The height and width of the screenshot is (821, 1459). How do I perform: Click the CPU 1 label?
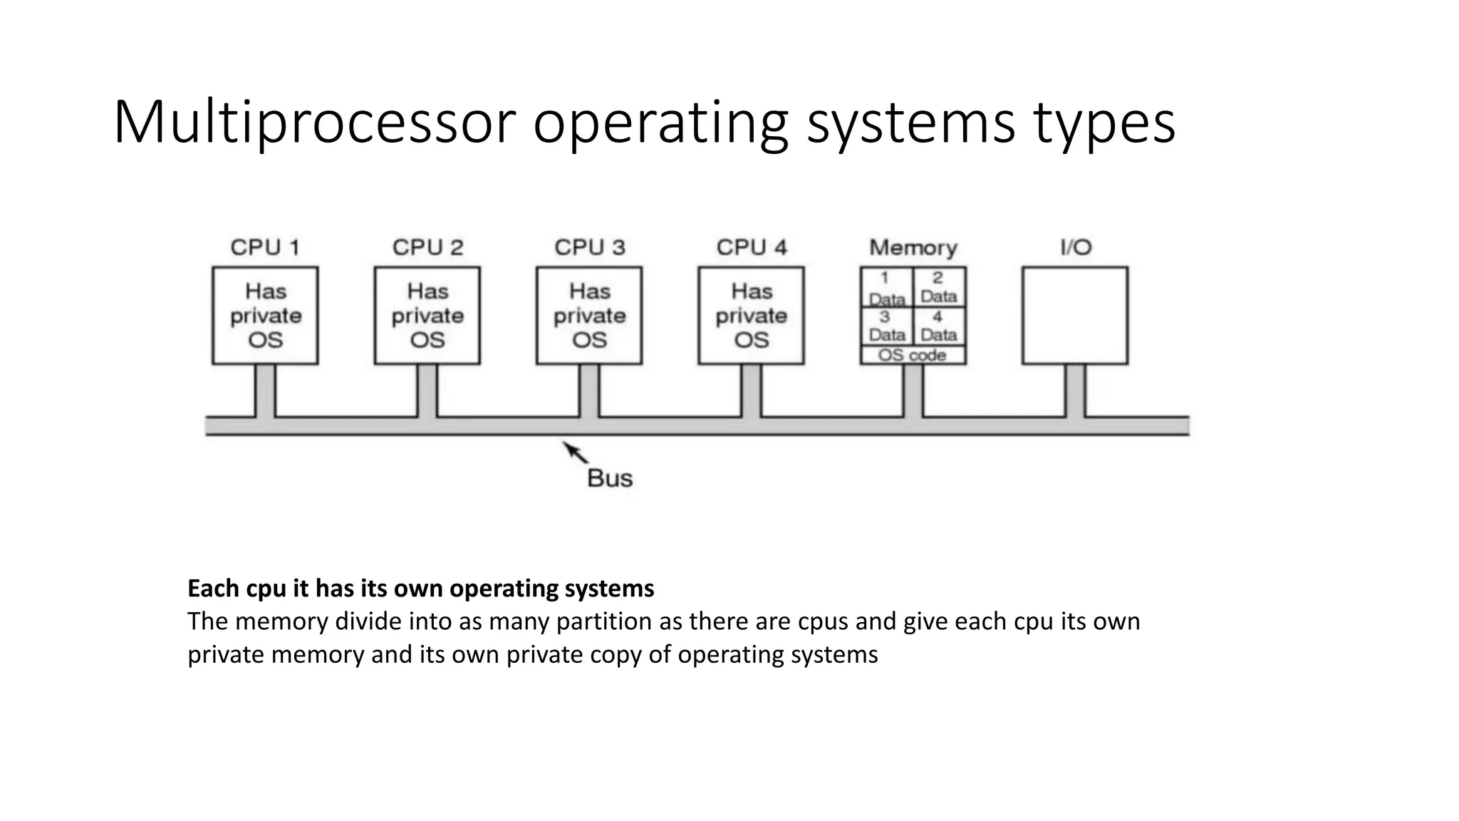(x=265, y=247)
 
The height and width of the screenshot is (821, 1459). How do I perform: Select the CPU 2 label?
(x=427, y=247)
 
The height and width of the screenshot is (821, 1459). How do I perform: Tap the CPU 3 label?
(x=590, y=247)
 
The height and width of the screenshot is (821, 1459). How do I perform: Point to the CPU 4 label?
(x=752, y=247)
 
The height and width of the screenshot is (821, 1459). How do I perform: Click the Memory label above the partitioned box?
(x=913, y=247)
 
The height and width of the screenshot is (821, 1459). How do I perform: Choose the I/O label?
(x=1076, y=247)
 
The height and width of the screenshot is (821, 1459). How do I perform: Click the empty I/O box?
(x=1075, y=316)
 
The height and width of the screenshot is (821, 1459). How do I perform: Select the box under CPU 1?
(x=265, y=316)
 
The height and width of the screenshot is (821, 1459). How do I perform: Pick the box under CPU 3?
(x=589, y=316)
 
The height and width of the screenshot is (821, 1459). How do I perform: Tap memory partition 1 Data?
(x=886, y=288)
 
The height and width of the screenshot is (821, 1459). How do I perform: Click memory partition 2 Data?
(x=939, y=288)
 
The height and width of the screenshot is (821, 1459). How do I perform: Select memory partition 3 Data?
(x=886, y=326)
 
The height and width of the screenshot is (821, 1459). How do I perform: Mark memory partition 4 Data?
(x=939, y=326)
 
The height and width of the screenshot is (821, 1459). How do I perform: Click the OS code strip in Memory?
(x=913, y=355)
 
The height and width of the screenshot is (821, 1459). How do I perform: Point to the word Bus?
(x=610, y=477)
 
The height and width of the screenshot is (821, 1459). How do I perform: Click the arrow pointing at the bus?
(x=575, y=452)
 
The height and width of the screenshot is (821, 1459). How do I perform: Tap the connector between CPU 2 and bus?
(x=427, y=390)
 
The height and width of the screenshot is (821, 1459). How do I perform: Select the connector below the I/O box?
(x=1076, y=390)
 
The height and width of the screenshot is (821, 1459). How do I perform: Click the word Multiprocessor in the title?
(x=314, y=123)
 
